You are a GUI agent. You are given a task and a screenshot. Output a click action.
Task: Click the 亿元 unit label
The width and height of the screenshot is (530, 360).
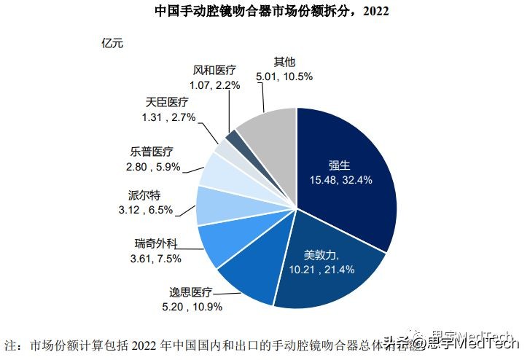[112, 42]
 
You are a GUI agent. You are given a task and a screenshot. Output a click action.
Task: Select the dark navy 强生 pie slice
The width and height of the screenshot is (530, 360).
[350, 175]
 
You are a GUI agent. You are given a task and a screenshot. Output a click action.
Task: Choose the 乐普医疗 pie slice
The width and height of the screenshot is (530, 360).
[219, 171]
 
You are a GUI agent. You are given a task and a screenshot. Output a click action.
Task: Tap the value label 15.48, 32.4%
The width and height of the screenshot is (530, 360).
[342, 180]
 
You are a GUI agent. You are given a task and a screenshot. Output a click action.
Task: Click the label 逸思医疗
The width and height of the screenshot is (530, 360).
[187, 292]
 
